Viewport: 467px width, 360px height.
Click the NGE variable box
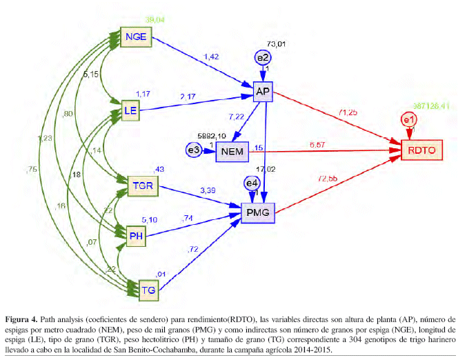pos(135,37)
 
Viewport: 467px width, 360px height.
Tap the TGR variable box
pos(144,185)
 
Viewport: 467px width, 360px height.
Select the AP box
pos(262,92)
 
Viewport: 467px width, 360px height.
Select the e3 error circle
pos(195,150)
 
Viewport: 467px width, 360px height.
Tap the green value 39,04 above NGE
pos(156,20)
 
